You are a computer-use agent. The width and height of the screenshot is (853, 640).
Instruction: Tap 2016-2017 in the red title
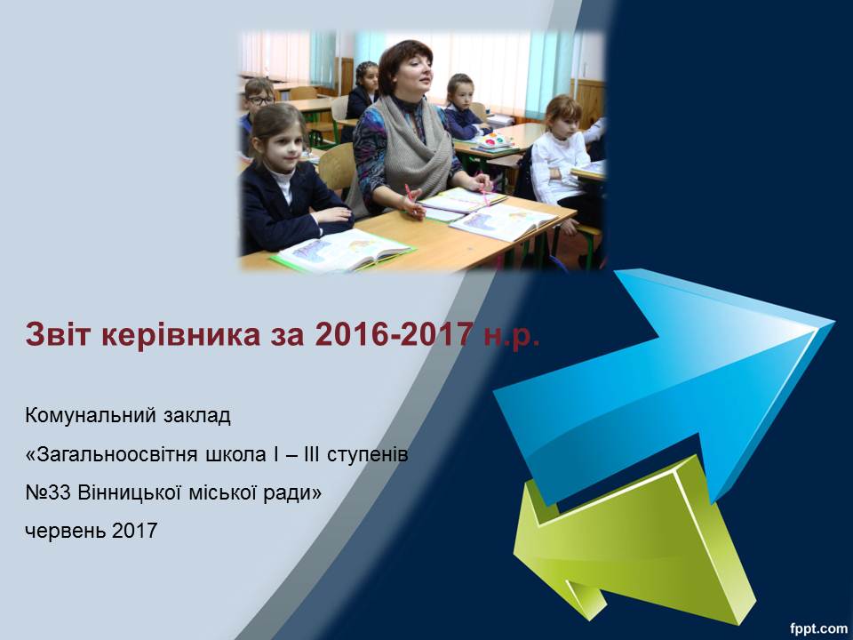coord(392,334)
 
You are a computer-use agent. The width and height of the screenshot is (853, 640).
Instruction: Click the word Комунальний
coord(89,416)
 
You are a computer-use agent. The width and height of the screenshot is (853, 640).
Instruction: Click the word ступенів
coord(368,455)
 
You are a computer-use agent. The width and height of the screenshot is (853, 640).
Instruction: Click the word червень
coord(65,531)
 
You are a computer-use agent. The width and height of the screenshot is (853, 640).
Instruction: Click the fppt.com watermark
coord(818,629)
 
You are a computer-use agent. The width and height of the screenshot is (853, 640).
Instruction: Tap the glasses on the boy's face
coord(260,100)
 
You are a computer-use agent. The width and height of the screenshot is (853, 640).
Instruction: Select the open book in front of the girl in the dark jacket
coord(343,251)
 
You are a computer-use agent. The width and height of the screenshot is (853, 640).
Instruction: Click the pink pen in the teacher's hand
coord(408,192)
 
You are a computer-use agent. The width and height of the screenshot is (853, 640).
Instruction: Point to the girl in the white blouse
coord(561,158)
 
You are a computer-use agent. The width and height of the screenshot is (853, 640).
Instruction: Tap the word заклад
coord(196,416)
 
